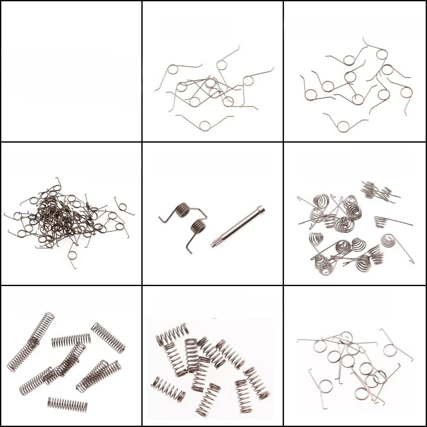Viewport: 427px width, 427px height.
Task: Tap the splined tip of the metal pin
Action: tap(213, 244)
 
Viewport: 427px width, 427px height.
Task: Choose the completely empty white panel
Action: tap(71, 71)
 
